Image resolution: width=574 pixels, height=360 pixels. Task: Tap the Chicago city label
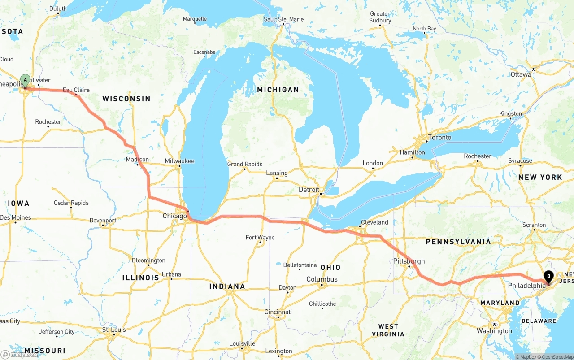(x=174, y=216)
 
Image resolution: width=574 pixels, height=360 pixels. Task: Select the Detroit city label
(x=309, y=190)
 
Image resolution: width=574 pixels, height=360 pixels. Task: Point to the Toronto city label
(x=439, y=137)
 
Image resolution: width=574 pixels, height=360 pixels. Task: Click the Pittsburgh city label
(x=409, y=261)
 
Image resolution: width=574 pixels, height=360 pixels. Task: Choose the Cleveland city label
(x=374, y=222)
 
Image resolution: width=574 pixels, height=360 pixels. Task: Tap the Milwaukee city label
(x=179, y=160)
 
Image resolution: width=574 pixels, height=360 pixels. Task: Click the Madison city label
(x=137, y=159)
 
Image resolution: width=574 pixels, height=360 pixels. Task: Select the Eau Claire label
(x=76, y=90)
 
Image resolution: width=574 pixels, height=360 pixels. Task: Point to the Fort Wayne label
(x=260, y=237)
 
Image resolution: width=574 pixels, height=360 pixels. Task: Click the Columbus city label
(x=322, y=279)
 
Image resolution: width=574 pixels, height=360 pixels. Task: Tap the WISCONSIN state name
(x=126, y=99)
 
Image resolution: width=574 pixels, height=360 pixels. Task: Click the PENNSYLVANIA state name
(x=458, y=242)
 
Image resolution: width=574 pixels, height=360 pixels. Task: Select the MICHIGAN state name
(x=278, y=90)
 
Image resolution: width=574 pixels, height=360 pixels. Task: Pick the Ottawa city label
(x=521, y=74)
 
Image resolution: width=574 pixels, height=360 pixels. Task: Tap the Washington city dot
(x=493, y=325)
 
